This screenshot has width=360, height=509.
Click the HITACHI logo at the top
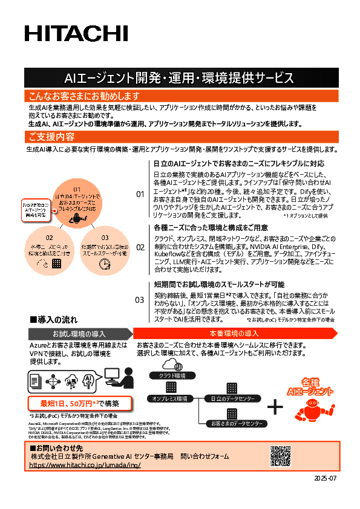(x=76, y=34)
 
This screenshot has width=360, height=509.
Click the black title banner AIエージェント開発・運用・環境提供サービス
(x=179, y=78)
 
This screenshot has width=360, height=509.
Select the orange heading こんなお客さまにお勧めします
(x=85, y=96)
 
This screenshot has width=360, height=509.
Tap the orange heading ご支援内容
(x=51, y=137)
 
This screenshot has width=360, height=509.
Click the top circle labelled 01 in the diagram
(x=76, y=203)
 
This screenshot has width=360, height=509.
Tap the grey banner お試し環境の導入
(x=79, y=334)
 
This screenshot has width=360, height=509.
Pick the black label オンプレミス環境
(x=170, y=398)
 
